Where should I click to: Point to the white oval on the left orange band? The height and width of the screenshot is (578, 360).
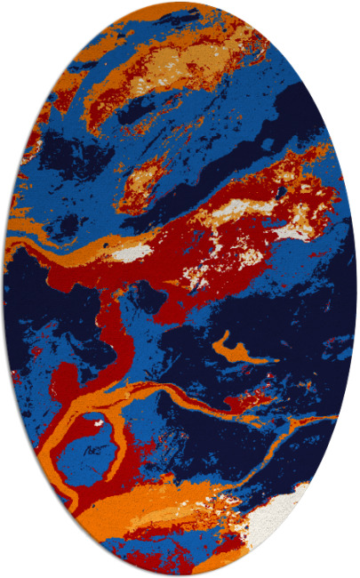point(133,253)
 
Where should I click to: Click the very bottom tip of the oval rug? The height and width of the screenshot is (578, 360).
point(180,574)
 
